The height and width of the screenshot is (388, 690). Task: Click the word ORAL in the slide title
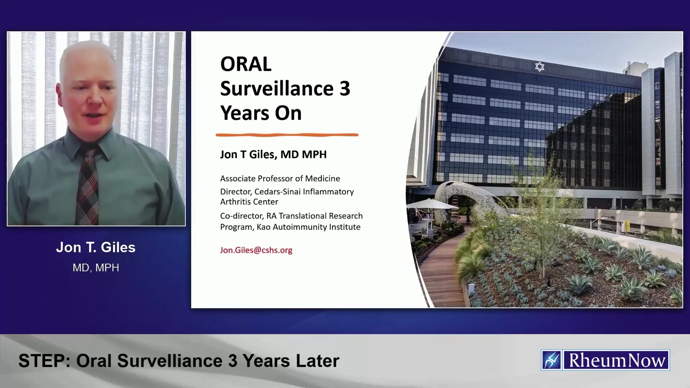click(x=246, y=64)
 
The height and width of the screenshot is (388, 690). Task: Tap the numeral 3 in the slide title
click(x=345, y=88)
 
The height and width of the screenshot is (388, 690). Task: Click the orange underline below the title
click(x=287, y=135)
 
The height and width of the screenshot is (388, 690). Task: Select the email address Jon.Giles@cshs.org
click(x=256, y=250)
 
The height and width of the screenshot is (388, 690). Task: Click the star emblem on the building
click(x=539, y=67)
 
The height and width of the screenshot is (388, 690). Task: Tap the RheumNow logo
click(x=605, y=360)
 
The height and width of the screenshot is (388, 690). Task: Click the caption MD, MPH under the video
click(x=96, y=268)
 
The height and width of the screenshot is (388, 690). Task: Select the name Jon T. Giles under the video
click(x=96, y=247)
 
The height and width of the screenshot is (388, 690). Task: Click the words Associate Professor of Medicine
click(x=280, y=179)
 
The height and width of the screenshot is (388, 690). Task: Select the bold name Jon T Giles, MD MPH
click(x=273, y=154)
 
